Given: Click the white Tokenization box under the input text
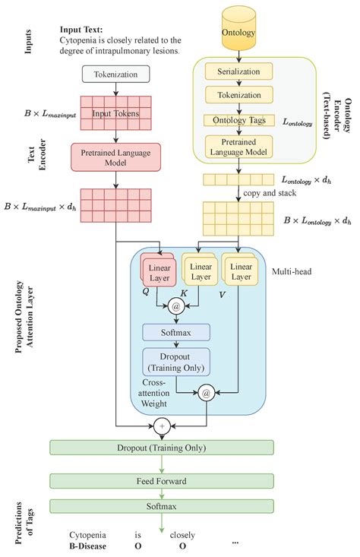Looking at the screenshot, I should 115,74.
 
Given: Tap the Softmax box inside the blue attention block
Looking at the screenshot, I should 176,332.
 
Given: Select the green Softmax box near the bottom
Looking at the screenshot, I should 162,505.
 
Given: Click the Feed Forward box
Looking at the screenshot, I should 162,481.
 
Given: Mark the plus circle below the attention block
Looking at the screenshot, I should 160,423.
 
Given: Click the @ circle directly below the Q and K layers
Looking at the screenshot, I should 176,306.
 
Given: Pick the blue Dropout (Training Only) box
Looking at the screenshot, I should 176,361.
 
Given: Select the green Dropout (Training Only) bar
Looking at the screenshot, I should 162,448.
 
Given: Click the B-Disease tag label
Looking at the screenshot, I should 85,546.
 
